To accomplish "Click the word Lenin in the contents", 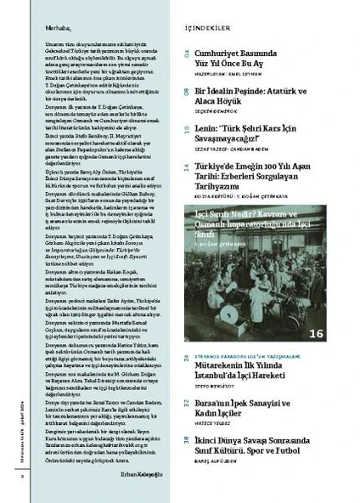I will tap(209, 122).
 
